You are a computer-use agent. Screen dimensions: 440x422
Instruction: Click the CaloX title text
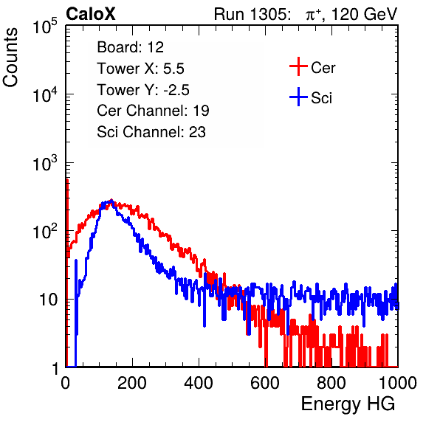point(91,14)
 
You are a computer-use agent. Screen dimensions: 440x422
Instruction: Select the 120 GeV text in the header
point(364,14)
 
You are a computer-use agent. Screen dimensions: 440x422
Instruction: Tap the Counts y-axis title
point(10,58)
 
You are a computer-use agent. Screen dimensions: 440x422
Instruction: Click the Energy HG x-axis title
point(348,404)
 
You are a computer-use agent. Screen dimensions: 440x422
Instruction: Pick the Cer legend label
point(323,68)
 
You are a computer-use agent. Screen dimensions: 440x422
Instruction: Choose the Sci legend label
point(322,98)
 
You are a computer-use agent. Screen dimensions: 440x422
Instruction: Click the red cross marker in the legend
point(298,66)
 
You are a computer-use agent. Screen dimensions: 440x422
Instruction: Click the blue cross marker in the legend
point(298,97)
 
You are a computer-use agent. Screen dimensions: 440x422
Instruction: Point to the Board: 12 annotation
point(130,47)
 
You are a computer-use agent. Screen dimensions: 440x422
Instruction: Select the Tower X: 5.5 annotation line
point(140,69)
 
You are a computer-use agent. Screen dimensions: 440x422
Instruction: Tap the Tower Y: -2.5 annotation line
point(143,90)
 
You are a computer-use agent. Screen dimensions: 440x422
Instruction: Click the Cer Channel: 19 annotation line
point(153,111)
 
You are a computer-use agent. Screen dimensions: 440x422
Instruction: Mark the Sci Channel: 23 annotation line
point(151,132)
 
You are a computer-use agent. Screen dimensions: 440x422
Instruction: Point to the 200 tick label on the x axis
point(132,383)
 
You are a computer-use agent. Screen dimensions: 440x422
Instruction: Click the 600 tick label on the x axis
point(265,383)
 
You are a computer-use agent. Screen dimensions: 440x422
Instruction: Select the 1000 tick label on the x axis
point(398,383)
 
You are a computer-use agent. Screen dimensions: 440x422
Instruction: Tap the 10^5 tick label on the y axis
point(45,27)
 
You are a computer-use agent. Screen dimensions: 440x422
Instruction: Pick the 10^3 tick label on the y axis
point(45,163)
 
